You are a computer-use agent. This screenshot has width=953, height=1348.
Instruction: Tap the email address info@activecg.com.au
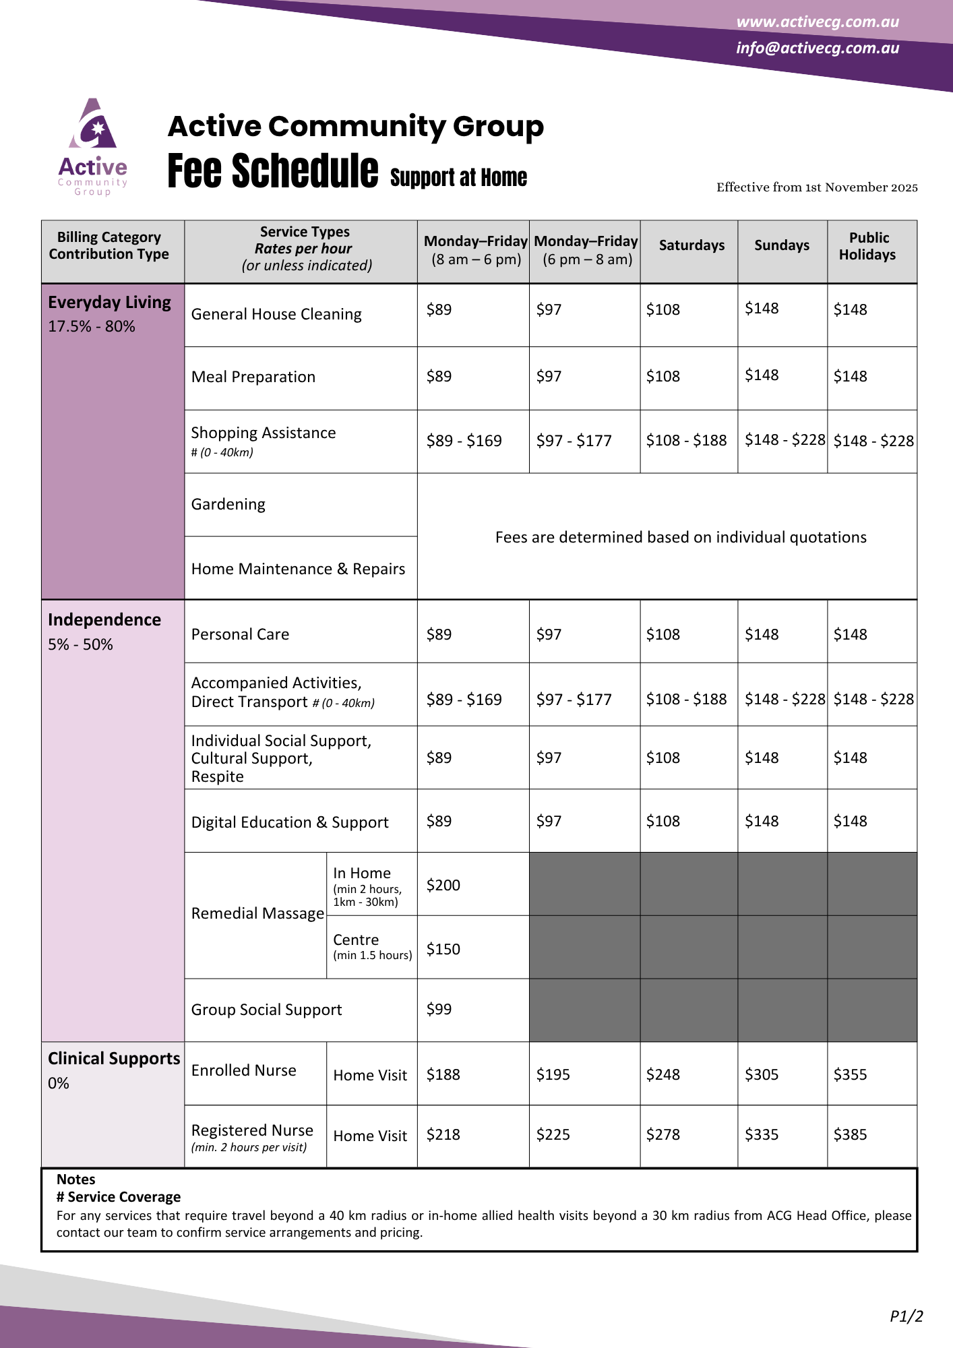(817, 48)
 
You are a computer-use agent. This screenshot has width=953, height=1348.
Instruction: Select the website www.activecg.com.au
(817, 22)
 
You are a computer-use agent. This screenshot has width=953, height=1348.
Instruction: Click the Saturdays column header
(691, 245)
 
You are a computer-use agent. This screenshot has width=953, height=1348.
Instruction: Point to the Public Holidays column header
(868, 246)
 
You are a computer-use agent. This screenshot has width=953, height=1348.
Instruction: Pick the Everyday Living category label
(109, 303)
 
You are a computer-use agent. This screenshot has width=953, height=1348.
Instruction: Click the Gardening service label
(228, 504)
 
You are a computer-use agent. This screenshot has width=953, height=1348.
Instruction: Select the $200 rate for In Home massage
(443, 885)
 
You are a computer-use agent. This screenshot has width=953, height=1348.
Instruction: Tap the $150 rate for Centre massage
(443, 949)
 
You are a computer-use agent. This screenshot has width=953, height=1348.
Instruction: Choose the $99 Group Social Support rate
(439, 1009)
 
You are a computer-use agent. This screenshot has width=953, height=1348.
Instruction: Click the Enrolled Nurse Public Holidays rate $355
(850, 1074)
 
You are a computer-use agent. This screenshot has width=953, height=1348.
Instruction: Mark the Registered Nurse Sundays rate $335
(762, 1134)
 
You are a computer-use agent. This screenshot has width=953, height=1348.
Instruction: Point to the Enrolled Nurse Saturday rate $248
(663, 1074)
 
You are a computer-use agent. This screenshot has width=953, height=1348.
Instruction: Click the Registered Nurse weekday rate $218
(443, 1134)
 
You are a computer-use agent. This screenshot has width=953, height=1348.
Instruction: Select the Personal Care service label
(240, 634)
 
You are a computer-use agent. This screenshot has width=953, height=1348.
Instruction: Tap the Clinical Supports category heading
(114, 1058)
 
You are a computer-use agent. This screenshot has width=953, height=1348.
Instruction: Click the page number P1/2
(906, 1316)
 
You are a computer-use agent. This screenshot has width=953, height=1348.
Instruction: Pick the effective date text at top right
(817, 187)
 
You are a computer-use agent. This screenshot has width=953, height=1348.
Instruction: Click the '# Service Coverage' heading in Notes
(119, 1196)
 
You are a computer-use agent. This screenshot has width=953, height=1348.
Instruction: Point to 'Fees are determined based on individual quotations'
(681, 537)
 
